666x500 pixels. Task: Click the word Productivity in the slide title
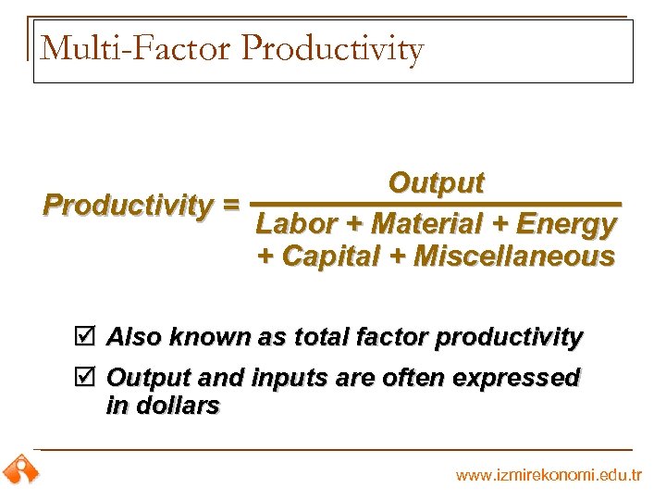coord(333,48)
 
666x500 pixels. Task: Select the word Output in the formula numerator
coord(436,183)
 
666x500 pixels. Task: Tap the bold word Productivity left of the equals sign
coord(128,204)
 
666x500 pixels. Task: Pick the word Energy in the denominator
coord(566,225)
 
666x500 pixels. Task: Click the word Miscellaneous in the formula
coord(513,256)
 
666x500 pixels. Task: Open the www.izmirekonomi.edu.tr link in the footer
coord(549,475)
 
